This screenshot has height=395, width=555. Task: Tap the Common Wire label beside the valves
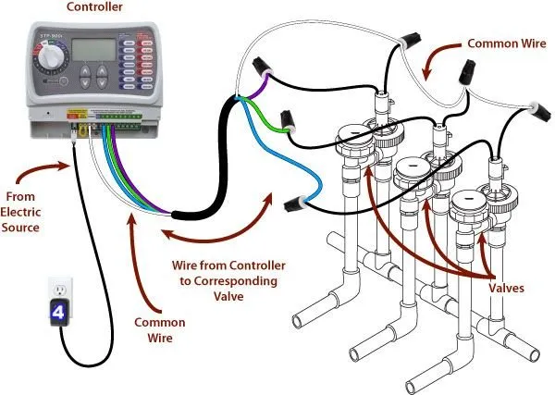pyautogui.click(x=505, y=43)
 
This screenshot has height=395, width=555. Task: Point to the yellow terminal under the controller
pyautogui.click(x=84, y=128)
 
